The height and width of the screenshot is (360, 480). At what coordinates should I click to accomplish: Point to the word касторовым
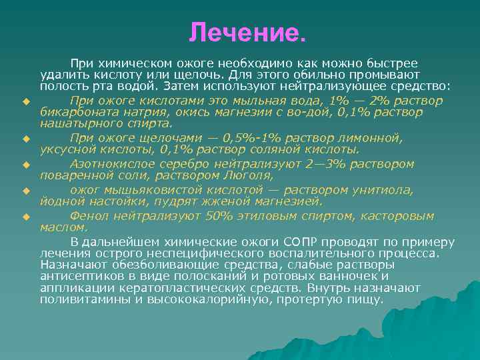coord(400,216)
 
